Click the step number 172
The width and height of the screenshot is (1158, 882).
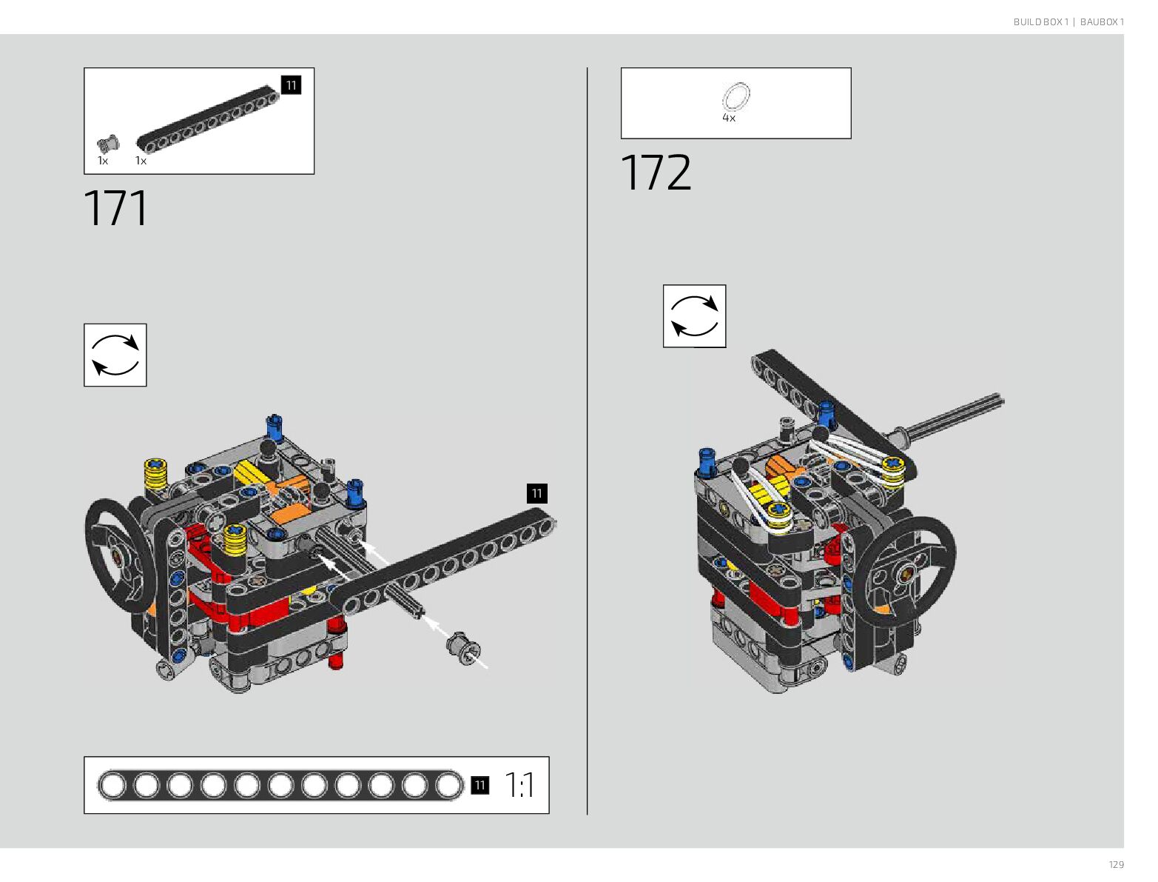pyautogui.click(x=655, y=173)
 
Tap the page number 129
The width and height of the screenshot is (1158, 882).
pyautogui.click(x=1116, y=865)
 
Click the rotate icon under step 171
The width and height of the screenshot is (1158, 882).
pyautogui.click(x=115, y=355)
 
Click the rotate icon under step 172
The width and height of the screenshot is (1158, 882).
pyautogui.click(x=694, y=316)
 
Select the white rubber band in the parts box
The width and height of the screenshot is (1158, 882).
pyautogui.click(x=735, y=97)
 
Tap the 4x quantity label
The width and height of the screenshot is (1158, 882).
pyautogui.click(x=729, y=118)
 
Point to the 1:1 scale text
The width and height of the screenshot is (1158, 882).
pyautogui.click(x=519, y=785)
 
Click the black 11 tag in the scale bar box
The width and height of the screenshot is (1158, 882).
pyautogui.click(x=479, y=785)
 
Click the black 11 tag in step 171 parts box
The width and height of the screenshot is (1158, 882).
pyautogui.click(x=291, y=85)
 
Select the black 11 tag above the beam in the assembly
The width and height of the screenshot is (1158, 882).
pyautogui.click(x=536, y=493)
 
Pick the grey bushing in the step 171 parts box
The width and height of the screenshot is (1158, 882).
pyautogui.click(x=108, y=144)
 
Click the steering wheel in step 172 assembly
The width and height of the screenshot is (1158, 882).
pyautogui.click(x=909, y=567)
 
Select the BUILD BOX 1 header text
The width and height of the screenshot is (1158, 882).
pyautogui.click(x=1040, y=22)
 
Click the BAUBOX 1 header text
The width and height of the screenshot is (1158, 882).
pyautogui.click(x=1102, y=22)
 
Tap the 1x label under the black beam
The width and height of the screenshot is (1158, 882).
pyautogui.click(x=141, y=161)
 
